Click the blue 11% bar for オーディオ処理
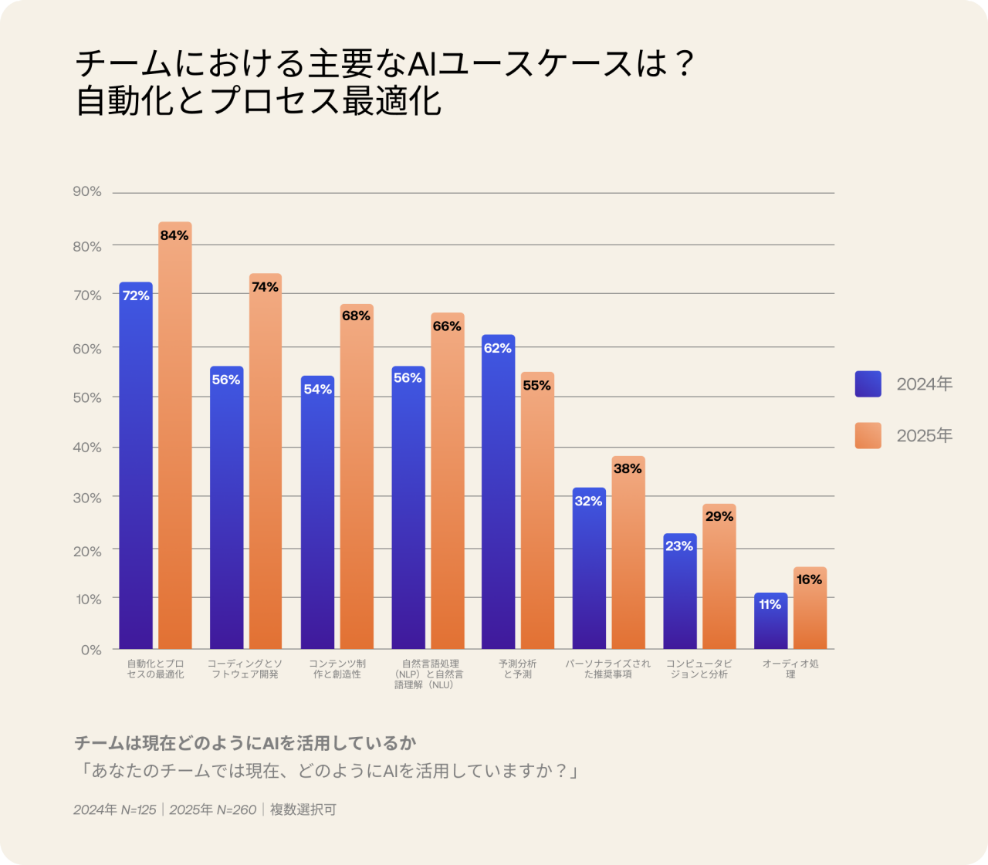pos(770,621)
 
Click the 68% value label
pos(356,316)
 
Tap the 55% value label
pos(537,386)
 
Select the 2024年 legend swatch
pos(868,384)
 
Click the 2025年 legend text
pos(924,436)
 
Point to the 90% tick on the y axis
pos(87,191)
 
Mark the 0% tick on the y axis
pos(91,650)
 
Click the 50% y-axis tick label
pos(87,397)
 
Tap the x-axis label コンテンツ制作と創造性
pos(337,669)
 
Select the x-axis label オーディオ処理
pos(790,669)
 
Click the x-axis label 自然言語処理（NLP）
pos(429,674)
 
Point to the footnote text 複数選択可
pos(303,809)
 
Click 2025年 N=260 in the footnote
pos(213,809)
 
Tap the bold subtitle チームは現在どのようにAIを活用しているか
pos(245,743)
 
